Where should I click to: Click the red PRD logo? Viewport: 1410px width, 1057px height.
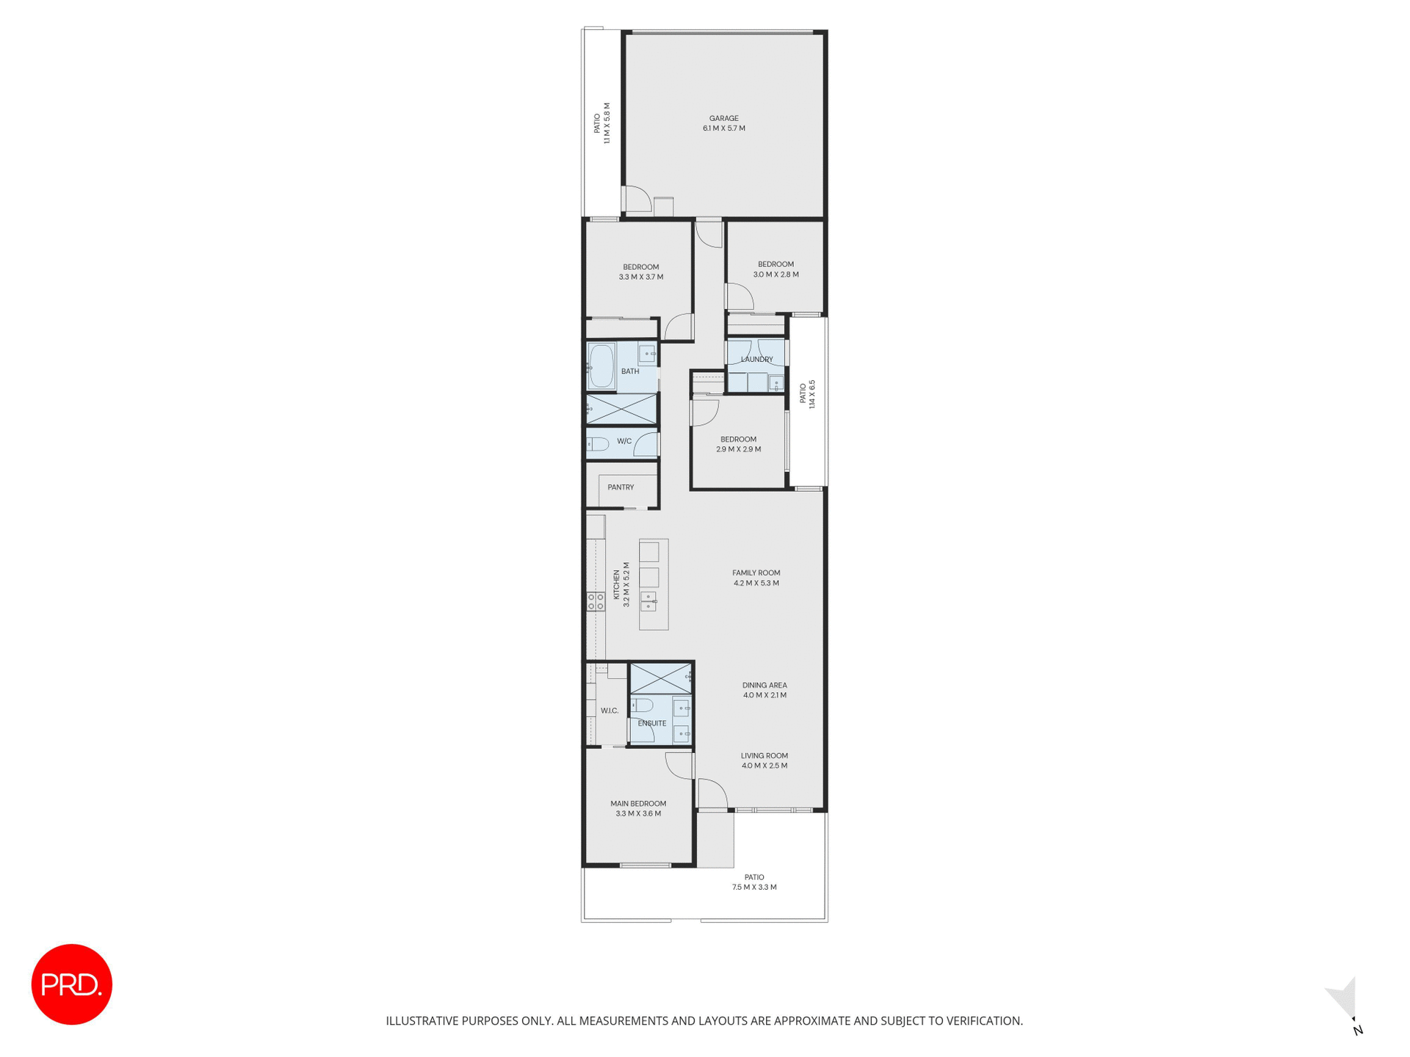coord(71,984)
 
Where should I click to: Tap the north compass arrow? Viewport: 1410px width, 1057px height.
coord(1344,999)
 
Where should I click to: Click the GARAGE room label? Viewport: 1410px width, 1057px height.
coord(723,118)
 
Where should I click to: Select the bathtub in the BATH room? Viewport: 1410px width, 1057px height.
coord(601,366)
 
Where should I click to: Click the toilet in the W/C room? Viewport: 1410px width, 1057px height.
coord(598,444)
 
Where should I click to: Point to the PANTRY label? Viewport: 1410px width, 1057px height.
coord(621,487)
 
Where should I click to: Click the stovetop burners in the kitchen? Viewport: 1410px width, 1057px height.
coord(595,602)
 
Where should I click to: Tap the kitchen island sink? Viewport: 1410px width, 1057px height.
coord(648,601)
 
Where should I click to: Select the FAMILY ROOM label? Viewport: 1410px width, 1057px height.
coord(756,573)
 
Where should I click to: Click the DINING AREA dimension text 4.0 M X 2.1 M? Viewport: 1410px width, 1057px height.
coord(764,695)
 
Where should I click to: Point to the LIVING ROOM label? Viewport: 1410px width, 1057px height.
coord(764,755)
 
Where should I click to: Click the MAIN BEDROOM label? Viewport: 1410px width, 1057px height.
coord(638,803)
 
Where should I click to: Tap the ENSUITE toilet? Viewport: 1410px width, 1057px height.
coord(643,706)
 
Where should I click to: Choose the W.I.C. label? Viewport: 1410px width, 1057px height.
coord(609,711)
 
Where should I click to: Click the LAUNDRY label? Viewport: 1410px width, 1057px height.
coord(756,359)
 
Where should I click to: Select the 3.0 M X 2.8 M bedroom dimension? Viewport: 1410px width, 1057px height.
coord(775,275)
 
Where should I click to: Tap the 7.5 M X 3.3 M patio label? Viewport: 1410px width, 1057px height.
coord(753,887)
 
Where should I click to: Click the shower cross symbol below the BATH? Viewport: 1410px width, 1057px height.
coord(621,409)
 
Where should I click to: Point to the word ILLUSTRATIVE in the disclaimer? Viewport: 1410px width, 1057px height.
coord(422,1020)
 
